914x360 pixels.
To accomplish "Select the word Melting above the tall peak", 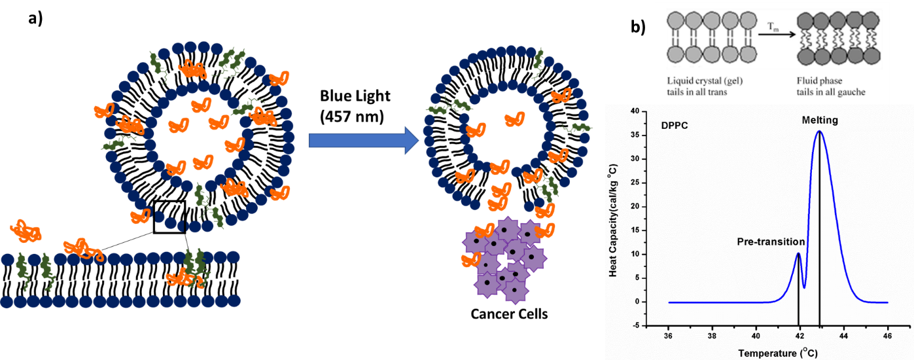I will [819, 121].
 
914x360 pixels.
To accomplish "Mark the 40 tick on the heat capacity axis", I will [633, 112].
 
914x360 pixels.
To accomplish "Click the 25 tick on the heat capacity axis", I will [633, 183].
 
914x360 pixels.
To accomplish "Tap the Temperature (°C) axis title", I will [778, 353].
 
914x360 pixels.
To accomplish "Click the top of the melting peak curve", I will [819, 132].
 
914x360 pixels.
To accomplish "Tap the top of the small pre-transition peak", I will [798, 253].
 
